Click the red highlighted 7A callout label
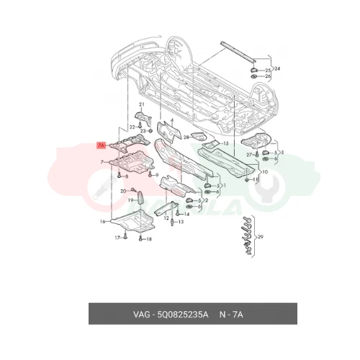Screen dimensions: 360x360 (101, 145)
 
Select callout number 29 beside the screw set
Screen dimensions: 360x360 (261, 237)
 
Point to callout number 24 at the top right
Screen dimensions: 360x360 (277, 68)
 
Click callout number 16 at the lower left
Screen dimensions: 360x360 (103, 221)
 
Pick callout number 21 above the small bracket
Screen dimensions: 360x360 (142, 106)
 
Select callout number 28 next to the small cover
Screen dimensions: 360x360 (186, 136)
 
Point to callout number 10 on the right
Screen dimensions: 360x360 (264, 172)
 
